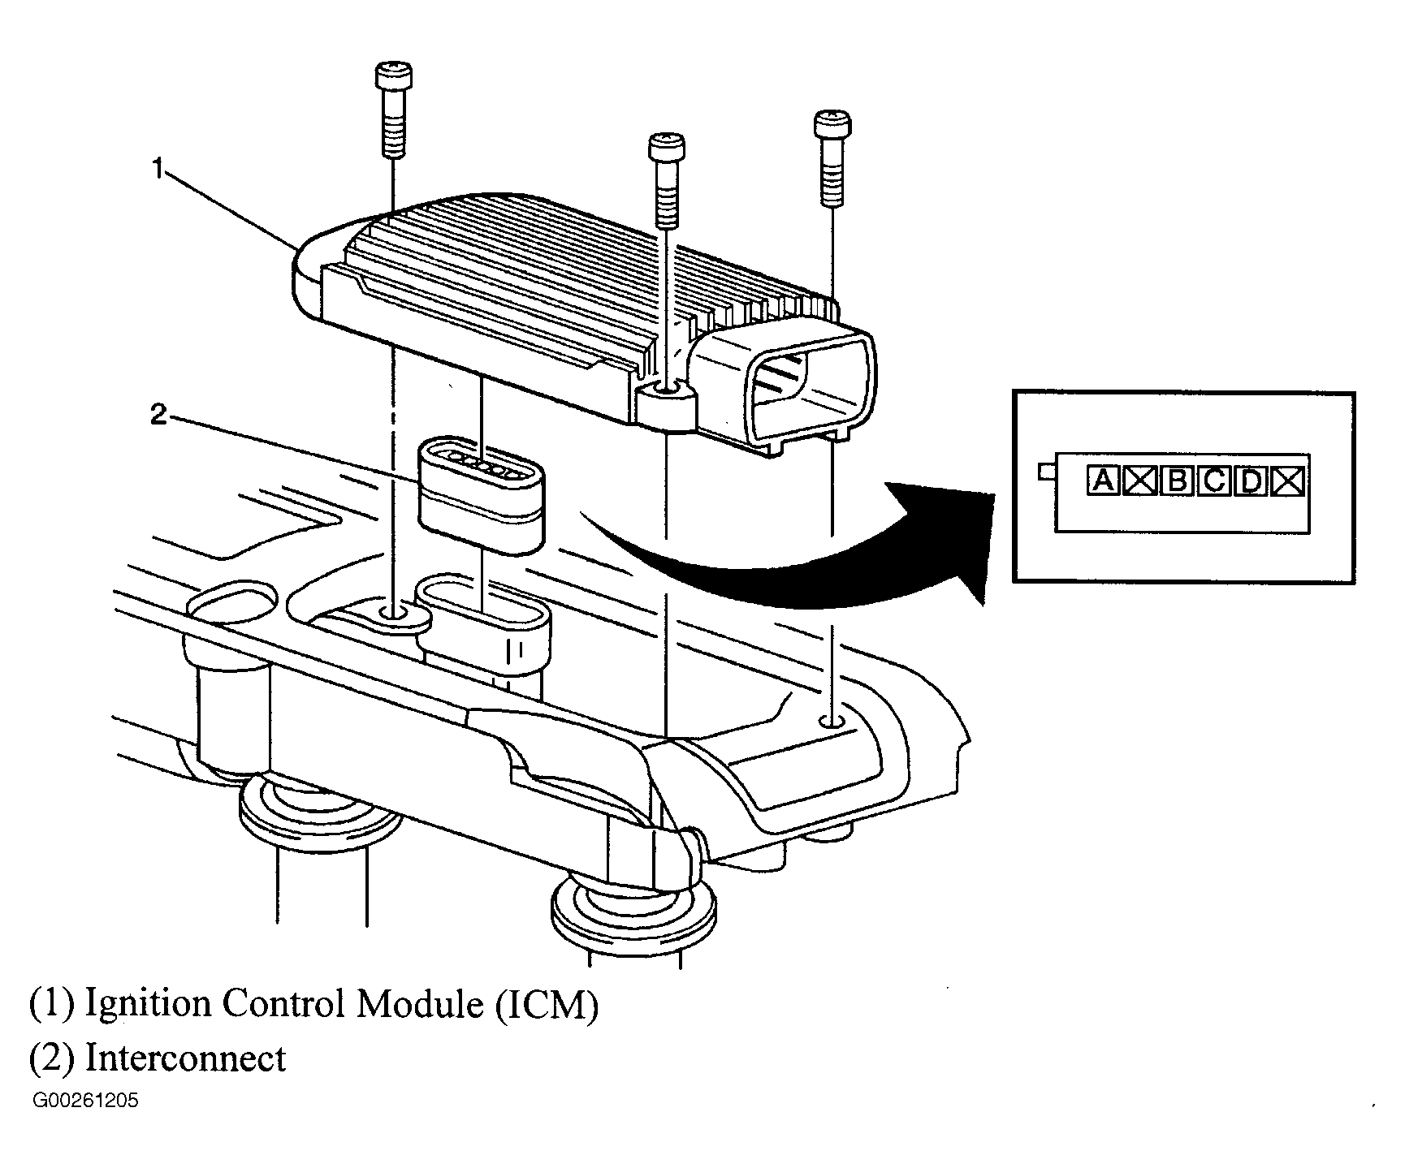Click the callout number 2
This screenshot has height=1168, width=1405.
159,416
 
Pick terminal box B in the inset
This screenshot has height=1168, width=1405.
1177,481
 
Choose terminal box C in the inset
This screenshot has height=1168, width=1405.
1214,481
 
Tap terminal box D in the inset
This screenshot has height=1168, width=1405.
1252,482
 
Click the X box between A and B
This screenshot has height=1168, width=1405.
1140,481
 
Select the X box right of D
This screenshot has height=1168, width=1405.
1289,482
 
